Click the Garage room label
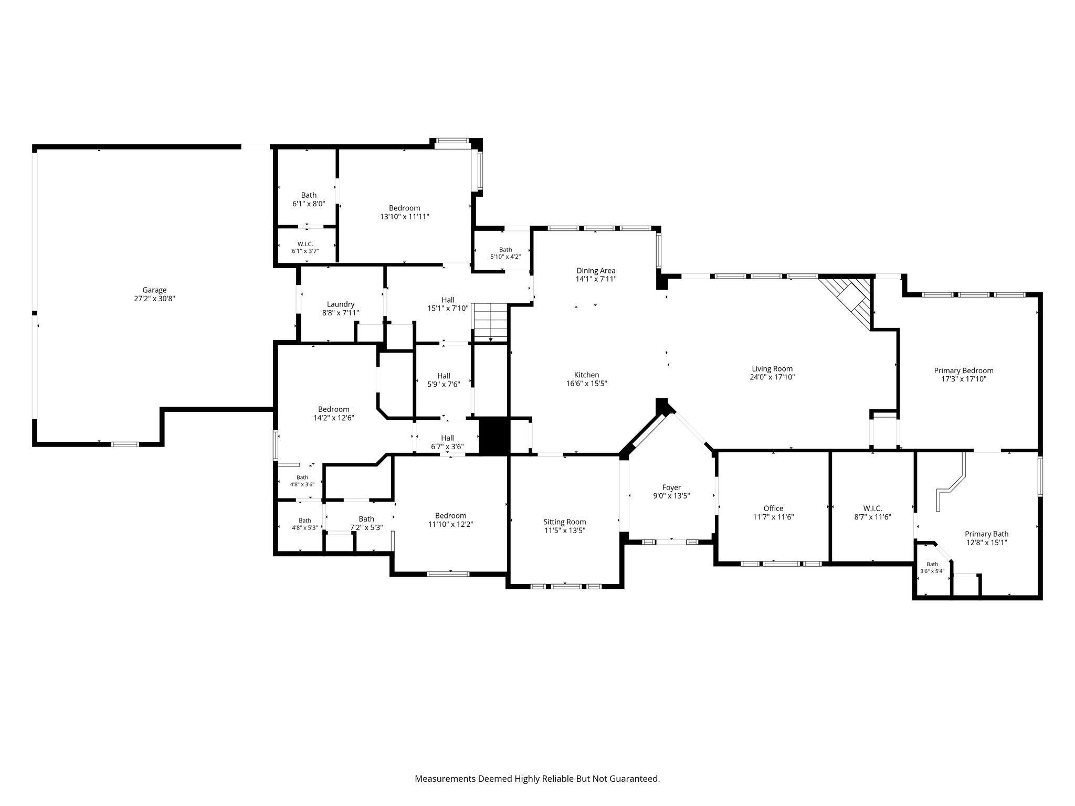[x=154, y=290]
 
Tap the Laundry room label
[x=341, y=304]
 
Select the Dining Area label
[x=596, y=271]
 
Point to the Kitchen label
[x=586, y=375]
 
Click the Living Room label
[x=772, y=368]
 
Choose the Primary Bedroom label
[x=964, y=370]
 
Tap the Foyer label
[x=671, y=487]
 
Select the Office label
[x=773, y=508]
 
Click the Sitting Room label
[x=565, y=522]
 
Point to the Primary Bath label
[x=986, y=534]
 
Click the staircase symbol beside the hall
[x=491, y=322]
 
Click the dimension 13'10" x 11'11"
[x=405, y=216]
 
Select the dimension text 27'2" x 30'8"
[x=154, y=298]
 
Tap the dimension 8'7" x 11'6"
[x=872, y=516]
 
